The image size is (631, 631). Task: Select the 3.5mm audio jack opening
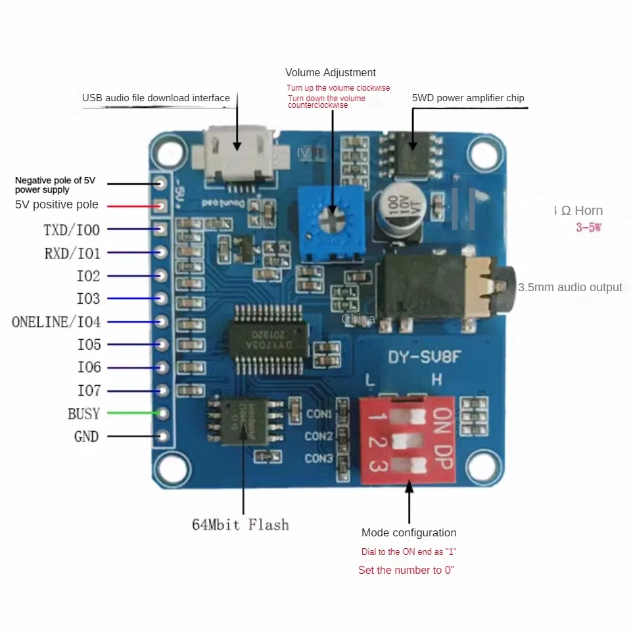[502, 288]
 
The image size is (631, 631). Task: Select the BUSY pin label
[83, 414]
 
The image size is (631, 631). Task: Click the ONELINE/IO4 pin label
[57, 322]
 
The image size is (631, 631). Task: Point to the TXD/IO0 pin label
[72, 230]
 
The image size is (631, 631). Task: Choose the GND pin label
[86, 436]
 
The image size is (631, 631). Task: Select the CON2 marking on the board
[319, 436]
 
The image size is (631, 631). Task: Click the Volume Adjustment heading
[331, 73]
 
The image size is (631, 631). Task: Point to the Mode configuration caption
[409, 533]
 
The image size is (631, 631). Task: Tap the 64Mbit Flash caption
[240, 525]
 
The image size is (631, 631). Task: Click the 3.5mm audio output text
[570, 287]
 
